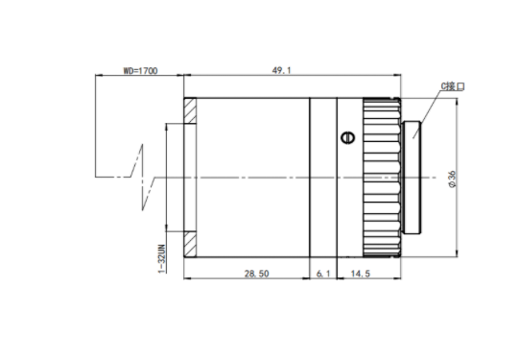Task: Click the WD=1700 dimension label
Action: [x=141, y=71]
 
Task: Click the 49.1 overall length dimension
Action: [x=281, y=70]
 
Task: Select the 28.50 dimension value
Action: [x=257, y=274]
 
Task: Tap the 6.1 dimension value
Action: [x=323, y=274]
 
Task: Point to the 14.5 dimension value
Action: [x=361, y=274]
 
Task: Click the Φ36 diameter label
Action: [x=452, y=180]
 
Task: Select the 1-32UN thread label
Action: [x=161, y=259]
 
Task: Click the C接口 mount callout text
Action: [x=453, y=86]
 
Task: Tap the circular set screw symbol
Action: [x=348, y=137]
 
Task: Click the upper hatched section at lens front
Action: [x=190, y=110]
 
